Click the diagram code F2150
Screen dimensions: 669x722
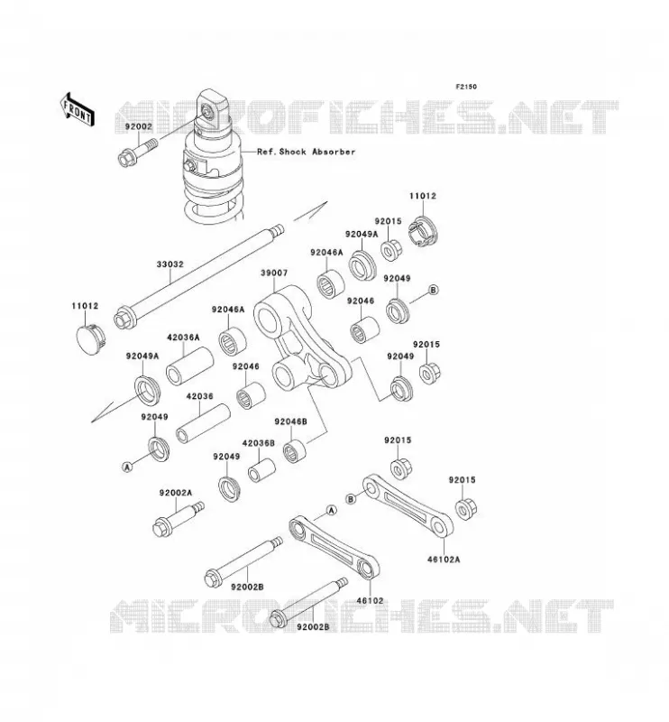coord(466,87)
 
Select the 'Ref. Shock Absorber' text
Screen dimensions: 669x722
coord(306,152)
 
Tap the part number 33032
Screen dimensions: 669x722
coord(170,264)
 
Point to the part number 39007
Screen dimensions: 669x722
coord(274,273)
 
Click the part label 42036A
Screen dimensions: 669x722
coord(183,337)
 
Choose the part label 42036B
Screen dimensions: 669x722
coord(259,443)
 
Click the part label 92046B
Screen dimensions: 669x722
coord(290,421)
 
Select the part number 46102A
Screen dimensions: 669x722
coord(444,560)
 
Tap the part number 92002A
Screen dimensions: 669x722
coord(176,493)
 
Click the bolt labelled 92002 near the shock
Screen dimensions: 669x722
coord(137,153)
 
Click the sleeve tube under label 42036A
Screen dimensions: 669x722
coord(189,366)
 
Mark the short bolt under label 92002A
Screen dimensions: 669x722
coord(178,520)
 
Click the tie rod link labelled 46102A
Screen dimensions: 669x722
coord(408,506)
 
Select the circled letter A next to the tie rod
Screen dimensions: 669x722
coord(331,510)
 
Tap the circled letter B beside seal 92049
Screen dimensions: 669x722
coord(433,290)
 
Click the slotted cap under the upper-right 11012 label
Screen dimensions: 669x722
coord(424,231)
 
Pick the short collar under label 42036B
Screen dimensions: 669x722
coord(261,470)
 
